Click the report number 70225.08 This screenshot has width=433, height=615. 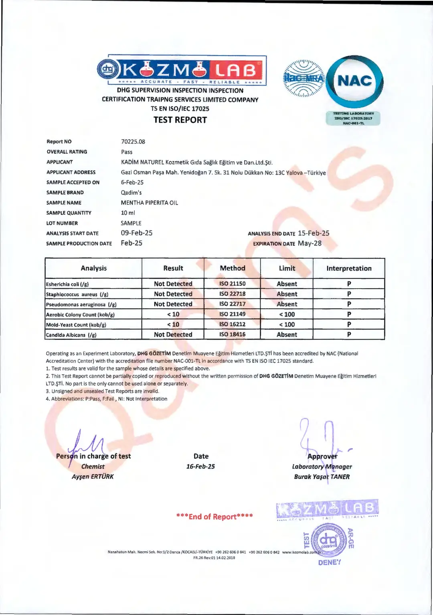tap(133, 142)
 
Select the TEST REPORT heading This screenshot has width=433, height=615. tap(180, 120)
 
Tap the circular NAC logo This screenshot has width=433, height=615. tap(354, 81)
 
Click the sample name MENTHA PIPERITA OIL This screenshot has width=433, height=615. tap(150, 203)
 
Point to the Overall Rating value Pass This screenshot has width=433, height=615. tap(127, 152)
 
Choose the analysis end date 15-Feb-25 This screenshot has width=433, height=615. tap(314, 233)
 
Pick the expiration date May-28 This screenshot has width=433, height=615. tap(310, 243)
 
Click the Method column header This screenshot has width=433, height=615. tap(233, 268)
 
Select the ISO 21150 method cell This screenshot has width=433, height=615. tap(233, 283)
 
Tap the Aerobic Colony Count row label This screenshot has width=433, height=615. tap(80, 315)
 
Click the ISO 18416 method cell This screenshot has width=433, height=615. tap(233, 334)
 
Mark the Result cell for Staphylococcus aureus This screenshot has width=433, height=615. tap(173, 294)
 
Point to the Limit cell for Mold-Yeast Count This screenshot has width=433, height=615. tap(287, 324)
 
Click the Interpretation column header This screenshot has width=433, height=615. tap(349, 268)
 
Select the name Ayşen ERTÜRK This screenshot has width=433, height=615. tap(93, 477)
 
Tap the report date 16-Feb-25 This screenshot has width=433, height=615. tap(200, 466)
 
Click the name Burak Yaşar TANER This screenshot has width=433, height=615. tap(322, 477)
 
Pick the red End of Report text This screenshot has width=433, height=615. tap(214, 517)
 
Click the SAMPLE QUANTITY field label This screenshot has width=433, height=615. tap(69, 213)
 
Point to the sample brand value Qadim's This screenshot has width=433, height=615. tap(131, 193)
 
